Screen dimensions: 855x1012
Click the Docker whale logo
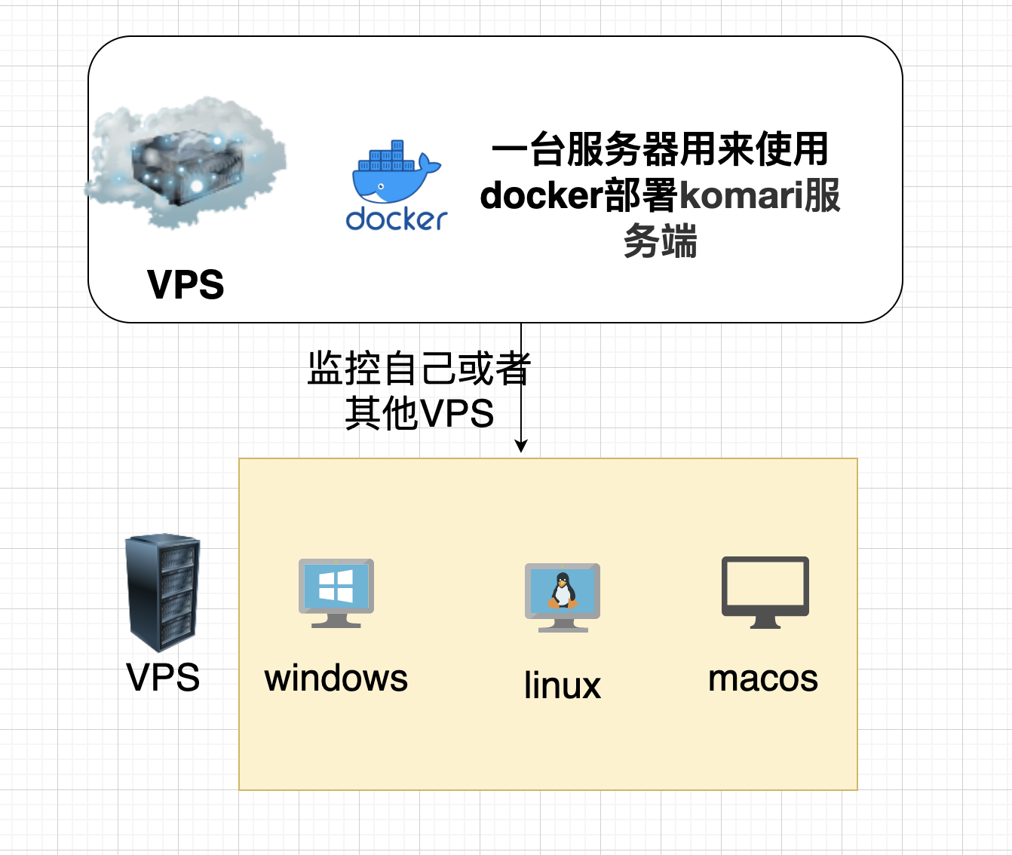[x=394, y=173]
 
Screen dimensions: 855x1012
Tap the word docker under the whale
[x=397, y=219]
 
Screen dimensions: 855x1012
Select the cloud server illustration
[x=186, y=163]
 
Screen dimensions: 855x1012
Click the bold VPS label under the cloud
[x=186, y=285]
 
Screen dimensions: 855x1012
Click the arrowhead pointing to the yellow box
[x=520, y=446]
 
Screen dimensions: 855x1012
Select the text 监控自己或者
[x=419, y=369]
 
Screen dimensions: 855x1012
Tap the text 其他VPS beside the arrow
[x=419, y=414]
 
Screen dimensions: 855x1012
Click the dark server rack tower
[x=162, y=593]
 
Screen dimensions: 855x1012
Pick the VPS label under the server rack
[x=163, y=677]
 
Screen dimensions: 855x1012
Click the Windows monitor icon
[x=336, y=593]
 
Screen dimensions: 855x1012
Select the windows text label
[x=336, y=678]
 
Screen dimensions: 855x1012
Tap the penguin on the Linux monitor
[x=563, y=590]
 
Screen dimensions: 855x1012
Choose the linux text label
[x=563, y=685]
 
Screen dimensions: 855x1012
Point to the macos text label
[x=763, y=678]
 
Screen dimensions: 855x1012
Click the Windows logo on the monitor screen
[x=336, y=586]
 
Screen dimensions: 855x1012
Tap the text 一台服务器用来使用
[x=661, y=149]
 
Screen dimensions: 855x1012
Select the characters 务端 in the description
[x=661, y=241]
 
